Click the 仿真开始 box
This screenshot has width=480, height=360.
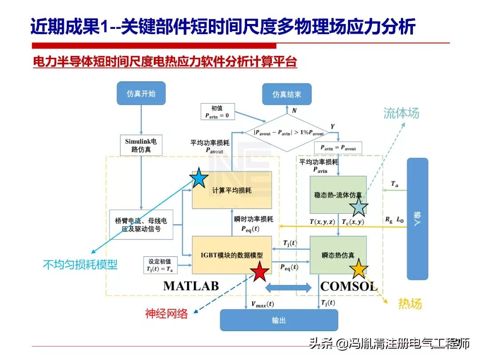(141, 94)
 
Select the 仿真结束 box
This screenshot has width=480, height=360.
(287, 94)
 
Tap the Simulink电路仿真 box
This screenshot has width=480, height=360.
(141, 145)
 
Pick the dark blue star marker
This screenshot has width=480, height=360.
(199, 178)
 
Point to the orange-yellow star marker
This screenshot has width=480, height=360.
(358, 269)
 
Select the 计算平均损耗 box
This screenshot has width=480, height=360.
(232, 190)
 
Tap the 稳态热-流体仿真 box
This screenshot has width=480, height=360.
(338, 195)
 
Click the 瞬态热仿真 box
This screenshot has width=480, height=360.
(338, 255)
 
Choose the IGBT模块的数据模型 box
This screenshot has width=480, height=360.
(232, 255)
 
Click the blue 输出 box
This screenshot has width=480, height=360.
(279, 320)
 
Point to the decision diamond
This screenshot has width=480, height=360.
(289, 132)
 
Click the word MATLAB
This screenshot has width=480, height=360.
(191, 286)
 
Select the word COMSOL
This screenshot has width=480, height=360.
(348, 286)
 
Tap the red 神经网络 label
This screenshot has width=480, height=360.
(167, 314)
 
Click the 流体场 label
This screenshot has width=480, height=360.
(401, 113)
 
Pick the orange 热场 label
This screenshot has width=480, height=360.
(409, 304)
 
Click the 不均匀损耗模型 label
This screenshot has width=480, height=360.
(80, 265)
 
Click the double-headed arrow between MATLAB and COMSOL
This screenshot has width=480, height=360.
(288, 288)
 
